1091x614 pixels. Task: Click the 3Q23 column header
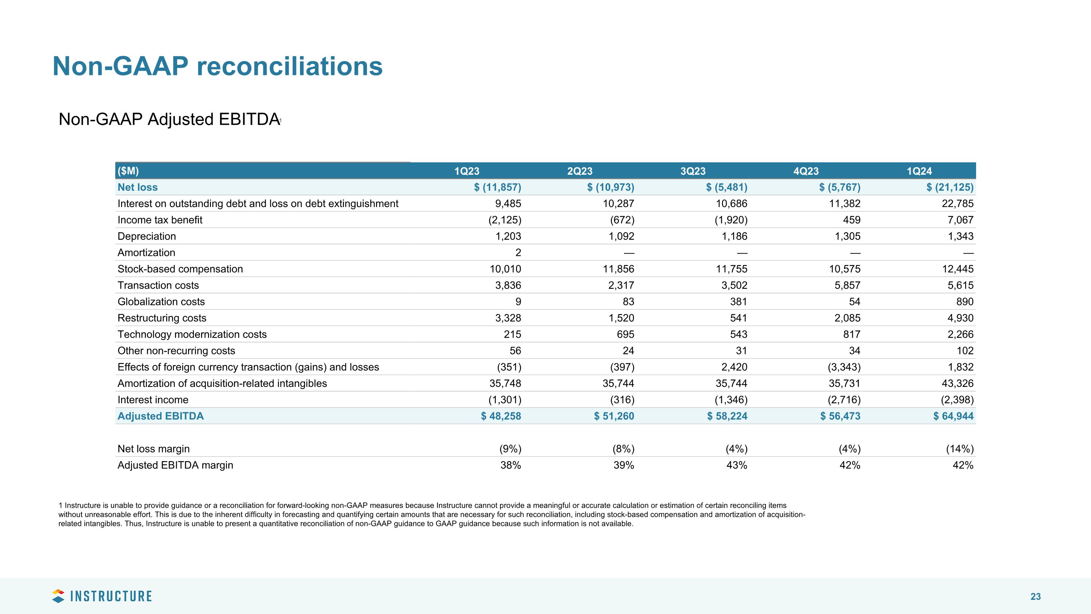tap(693, 171)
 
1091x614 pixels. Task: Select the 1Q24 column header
tap(919, 171)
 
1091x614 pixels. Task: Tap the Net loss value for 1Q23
tap(497, 187)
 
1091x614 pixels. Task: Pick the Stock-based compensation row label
tap(180, 269)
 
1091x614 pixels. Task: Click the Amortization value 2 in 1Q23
tap(518, 253)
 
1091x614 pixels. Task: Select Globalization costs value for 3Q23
tap(738, 302)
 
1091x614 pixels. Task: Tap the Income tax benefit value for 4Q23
tap(851, 220)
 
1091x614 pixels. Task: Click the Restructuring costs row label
tap(162, 318)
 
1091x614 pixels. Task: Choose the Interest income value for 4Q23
tap(844, 400)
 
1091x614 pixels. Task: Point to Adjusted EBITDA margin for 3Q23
tap(736, 465)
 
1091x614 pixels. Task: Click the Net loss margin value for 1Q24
tap(960, 449)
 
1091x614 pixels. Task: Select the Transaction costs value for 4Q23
tap(847, 286)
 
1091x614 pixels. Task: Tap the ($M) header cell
tap(128, 171)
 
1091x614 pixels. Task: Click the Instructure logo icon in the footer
tap(58, 596)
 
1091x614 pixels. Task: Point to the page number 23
tap(1035, 597)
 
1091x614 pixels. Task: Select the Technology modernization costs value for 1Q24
tap(960, 334)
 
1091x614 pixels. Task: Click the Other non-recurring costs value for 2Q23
tap(628, 351)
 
